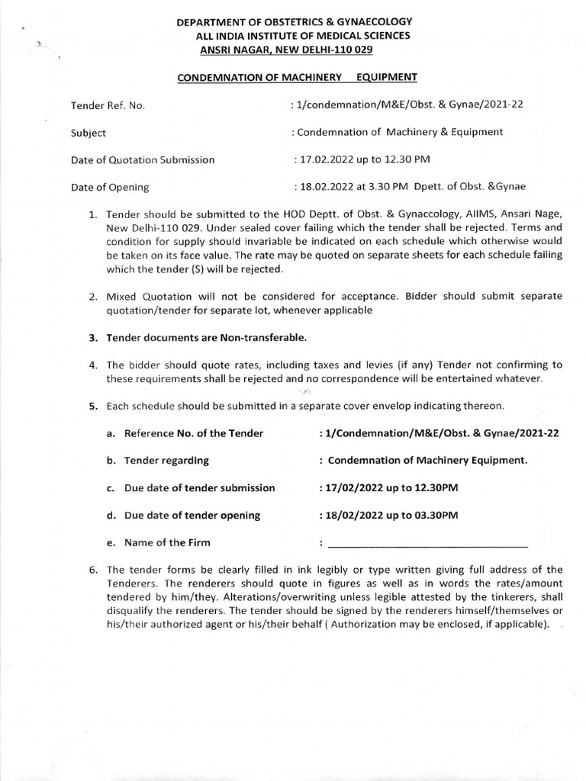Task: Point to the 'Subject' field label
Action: click(x=89, y=132)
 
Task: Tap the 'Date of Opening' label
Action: click(x=110, y=187)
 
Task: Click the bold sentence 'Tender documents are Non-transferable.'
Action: click(x=208, y=337)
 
